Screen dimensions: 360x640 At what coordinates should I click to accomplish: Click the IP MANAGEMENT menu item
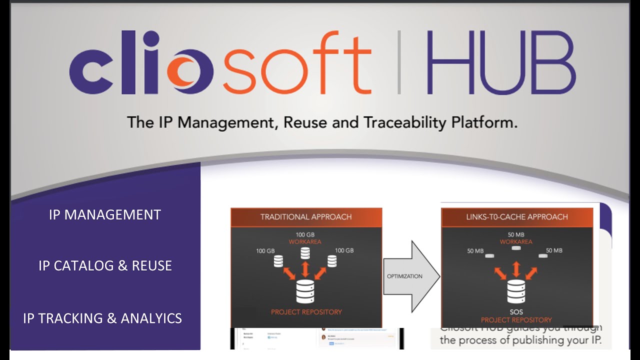tap(105, 214)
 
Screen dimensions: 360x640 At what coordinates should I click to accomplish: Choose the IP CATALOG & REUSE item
tap(105, 265)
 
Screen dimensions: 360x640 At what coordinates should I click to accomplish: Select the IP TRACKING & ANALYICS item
tap(102, 318)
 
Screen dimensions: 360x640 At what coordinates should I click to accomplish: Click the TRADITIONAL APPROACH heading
tap(306, 217)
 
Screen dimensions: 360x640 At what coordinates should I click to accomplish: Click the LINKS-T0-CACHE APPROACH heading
tap(517, 217)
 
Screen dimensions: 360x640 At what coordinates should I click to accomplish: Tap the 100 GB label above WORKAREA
tap(305, 234)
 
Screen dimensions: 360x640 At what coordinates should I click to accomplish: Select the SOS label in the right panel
tap(516, 312)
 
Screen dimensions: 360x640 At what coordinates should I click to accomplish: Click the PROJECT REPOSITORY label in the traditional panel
tap(306, 312)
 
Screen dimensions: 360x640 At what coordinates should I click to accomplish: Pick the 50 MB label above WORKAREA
tap(516, 234)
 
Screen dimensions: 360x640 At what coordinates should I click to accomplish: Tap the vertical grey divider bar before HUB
tap(399, 62)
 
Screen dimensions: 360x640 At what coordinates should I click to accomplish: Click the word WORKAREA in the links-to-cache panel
tap(516, 242)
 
